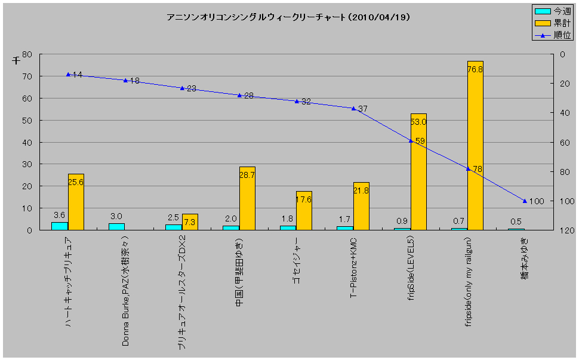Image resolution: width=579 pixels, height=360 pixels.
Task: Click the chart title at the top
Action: coord(288,17)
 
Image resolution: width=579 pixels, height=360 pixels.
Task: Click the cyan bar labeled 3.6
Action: coord(60,226)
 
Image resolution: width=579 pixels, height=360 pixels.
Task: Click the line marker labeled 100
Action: coord(525,201)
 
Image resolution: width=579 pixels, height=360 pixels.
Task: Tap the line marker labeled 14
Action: coord(68,75)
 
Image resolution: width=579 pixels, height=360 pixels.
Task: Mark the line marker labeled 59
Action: coord(411,141)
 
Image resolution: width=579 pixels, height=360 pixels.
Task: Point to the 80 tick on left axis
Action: coord(27,54)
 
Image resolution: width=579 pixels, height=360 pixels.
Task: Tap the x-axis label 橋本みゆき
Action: coord(524,257)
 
